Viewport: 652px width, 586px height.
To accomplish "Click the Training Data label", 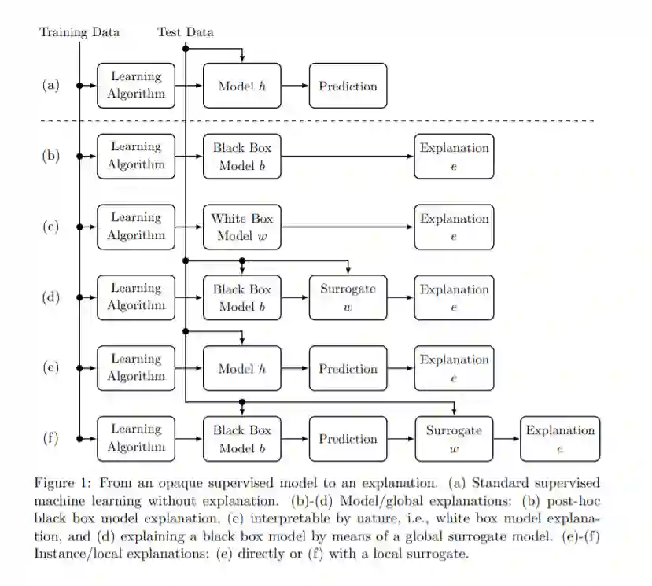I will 79,32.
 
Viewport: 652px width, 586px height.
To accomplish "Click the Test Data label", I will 186,32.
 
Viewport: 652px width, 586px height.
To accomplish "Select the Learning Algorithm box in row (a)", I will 136,86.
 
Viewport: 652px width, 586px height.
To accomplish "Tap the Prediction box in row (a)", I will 348,86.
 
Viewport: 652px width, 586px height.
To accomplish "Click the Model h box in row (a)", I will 242,86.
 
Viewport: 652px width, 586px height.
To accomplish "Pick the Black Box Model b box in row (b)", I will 242,156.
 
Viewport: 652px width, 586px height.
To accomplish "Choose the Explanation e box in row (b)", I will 454,156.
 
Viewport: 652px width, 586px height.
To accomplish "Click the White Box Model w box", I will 242,227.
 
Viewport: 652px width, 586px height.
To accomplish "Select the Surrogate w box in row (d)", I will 348,297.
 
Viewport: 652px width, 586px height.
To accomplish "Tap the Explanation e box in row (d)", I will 454,297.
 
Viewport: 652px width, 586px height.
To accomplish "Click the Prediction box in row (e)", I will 348,368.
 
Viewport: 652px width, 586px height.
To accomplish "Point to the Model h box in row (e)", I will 242,368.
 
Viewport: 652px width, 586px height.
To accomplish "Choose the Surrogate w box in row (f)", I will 454,439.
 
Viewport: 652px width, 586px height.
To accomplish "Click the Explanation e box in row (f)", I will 560,439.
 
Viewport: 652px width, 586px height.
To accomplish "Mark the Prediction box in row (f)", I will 348,439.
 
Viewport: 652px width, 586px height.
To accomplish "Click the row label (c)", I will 50,227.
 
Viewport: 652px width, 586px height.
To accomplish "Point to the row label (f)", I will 50,439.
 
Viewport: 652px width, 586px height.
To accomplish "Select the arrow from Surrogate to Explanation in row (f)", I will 506,439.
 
